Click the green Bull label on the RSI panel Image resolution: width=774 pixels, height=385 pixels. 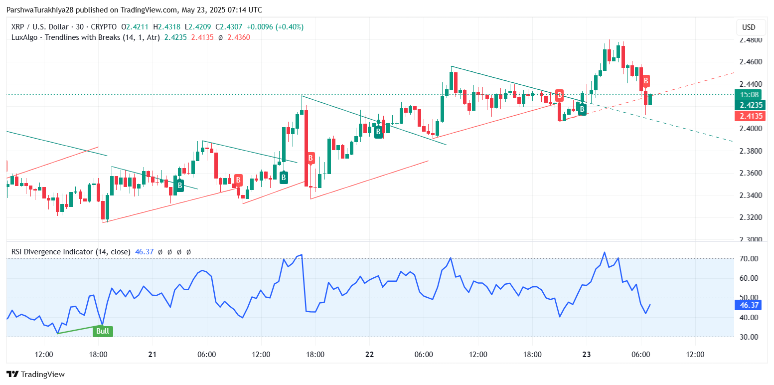[x=103, y=331]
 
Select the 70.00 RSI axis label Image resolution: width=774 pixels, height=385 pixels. [x=749, y=259]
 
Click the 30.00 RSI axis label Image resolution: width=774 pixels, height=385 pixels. [x=749, y=337]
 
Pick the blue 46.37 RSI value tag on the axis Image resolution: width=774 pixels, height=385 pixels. [x=749, y=305]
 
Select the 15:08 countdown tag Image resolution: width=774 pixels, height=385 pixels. [x=749, y=95]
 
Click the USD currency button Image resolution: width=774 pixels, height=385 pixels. [x=749, y=27]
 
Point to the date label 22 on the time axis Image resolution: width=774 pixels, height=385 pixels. [x=369, y=355]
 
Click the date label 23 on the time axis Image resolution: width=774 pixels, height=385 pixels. [x=586, y=355]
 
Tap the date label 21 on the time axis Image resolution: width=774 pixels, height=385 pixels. [x=153, y=355]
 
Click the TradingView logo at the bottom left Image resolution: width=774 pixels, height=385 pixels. [x=35, y=375]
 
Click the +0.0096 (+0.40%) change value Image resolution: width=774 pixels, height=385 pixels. [x=275, y=27]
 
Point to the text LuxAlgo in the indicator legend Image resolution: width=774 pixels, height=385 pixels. [x=25, y=37]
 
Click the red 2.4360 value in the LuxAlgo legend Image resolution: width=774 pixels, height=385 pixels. [x=239, y=37]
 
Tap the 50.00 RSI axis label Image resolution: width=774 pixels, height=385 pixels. [x=749, y=298]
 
